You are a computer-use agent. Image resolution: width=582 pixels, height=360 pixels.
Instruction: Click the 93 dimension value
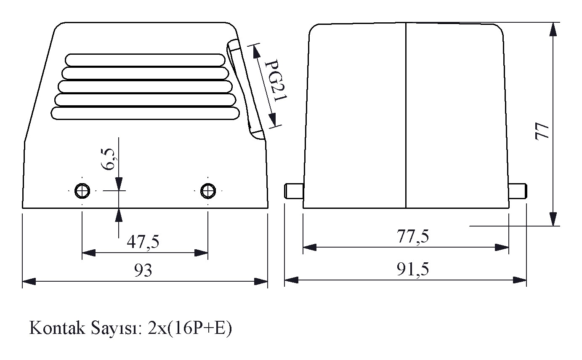pyautogui.click(x=143, y=270)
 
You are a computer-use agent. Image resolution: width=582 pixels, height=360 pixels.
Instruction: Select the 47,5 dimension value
pyautogui.click(x=143, y=242)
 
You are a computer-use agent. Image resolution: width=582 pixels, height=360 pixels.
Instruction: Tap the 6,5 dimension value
pyautogui.click(x=108, y=159)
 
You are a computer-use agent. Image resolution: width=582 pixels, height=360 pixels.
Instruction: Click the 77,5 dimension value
pyautogui.click(x=412, y=236)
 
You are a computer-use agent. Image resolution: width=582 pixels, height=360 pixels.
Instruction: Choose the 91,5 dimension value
pyautogui.click(x=412, y=269)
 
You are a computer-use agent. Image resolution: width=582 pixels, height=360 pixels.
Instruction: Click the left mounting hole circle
pyautogui.click(x=82, y=191)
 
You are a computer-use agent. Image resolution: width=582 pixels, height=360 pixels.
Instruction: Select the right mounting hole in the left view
pyautogui.click(x=208, y=191)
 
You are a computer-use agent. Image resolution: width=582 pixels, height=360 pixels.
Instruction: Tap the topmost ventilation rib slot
pyautogui.click(x=145, y=60)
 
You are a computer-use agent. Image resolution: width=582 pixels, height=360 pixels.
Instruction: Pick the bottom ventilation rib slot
pyautogui.click(x=145, y=113)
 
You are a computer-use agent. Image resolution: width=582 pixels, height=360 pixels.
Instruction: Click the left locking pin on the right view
pyautogui.click(x=294, y=191)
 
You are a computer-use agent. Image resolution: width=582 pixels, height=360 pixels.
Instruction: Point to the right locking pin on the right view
pyautogui.click(x=518, y=191)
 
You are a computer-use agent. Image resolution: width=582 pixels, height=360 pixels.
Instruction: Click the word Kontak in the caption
pyautogui.click(x=57, y=328)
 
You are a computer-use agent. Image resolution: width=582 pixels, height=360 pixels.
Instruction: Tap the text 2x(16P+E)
pyautogui.click(x=190, y=328)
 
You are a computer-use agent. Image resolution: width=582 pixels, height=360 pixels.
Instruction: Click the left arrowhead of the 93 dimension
pyautogui.click(x=29, y=281)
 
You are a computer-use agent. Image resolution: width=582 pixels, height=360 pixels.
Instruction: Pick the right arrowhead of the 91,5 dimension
pyautogui.click(x=520, y=280)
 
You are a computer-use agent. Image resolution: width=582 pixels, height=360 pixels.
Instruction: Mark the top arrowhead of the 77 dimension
pyautogui.click(x=553, y=29)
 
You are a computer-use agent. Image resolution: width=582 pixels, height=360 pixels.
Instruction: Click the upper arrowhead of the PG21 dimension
pyautogui.click(x=256, y=51)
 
